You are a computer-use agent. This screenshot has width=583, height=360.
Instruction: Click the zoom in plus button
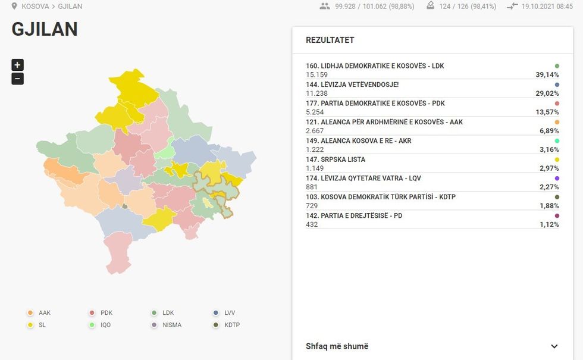coord(17,65)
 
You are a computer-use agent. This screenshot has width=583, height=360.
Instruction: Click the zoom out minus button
coord(17,79)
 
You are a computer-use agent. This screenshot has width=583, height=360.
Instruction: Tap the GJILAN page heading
coord(45,29)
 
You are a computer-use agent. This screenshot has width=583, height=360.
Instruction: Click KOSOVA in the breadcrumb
coord(35,7)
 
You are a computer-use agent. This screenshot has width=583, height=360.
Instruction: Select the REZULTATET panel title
coord(330,40)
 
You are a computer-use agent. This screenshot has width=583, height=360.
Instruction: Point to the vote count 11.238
coord(317,93)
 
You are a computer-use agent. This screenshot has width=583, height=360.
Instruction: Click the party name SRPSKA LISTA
coord(336,159)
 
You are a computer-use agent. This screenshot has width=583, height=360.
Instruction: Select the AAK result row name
coord(384,122)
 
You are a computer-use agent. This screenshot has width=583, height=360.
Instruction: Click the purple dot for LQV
coord(557,179)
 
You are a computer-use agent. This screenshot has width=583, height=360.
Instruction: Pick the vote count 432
coord(312,224)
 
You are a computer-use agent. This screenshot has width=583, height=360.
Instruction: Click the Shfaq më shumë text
coord(337,346)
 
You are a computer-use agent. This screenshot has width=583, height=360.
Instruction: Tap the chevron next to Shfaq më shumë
coord(554,346)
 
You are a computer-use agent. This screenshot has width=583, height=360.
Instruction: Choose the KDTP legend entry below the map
coord(227,325)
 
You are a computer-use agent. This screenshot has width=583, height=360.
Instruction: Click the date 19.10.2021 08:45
coord(543,7)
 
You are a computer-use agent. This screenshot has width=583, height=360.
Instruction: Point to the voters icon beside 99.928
coord(324,6)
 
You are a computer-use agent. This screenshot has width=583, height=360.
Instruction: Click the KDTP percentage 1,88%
coord(547,206)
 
